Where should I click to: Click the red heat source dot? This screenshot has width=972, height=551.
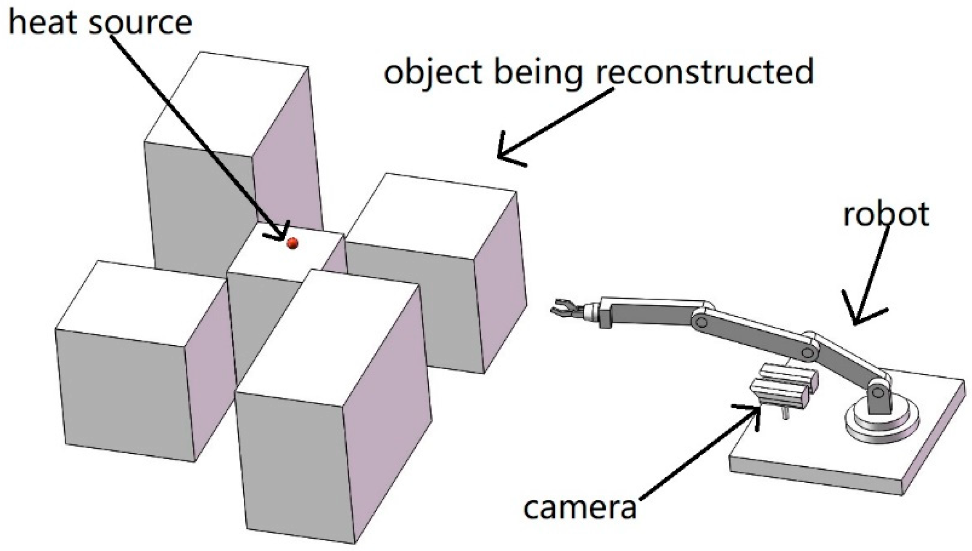pos(292,243)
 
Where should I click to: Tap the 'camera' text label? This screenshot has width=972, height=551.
pos(580,508)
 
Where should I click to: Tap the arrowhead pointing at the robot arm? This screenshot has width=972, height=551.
pos(860,314)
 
